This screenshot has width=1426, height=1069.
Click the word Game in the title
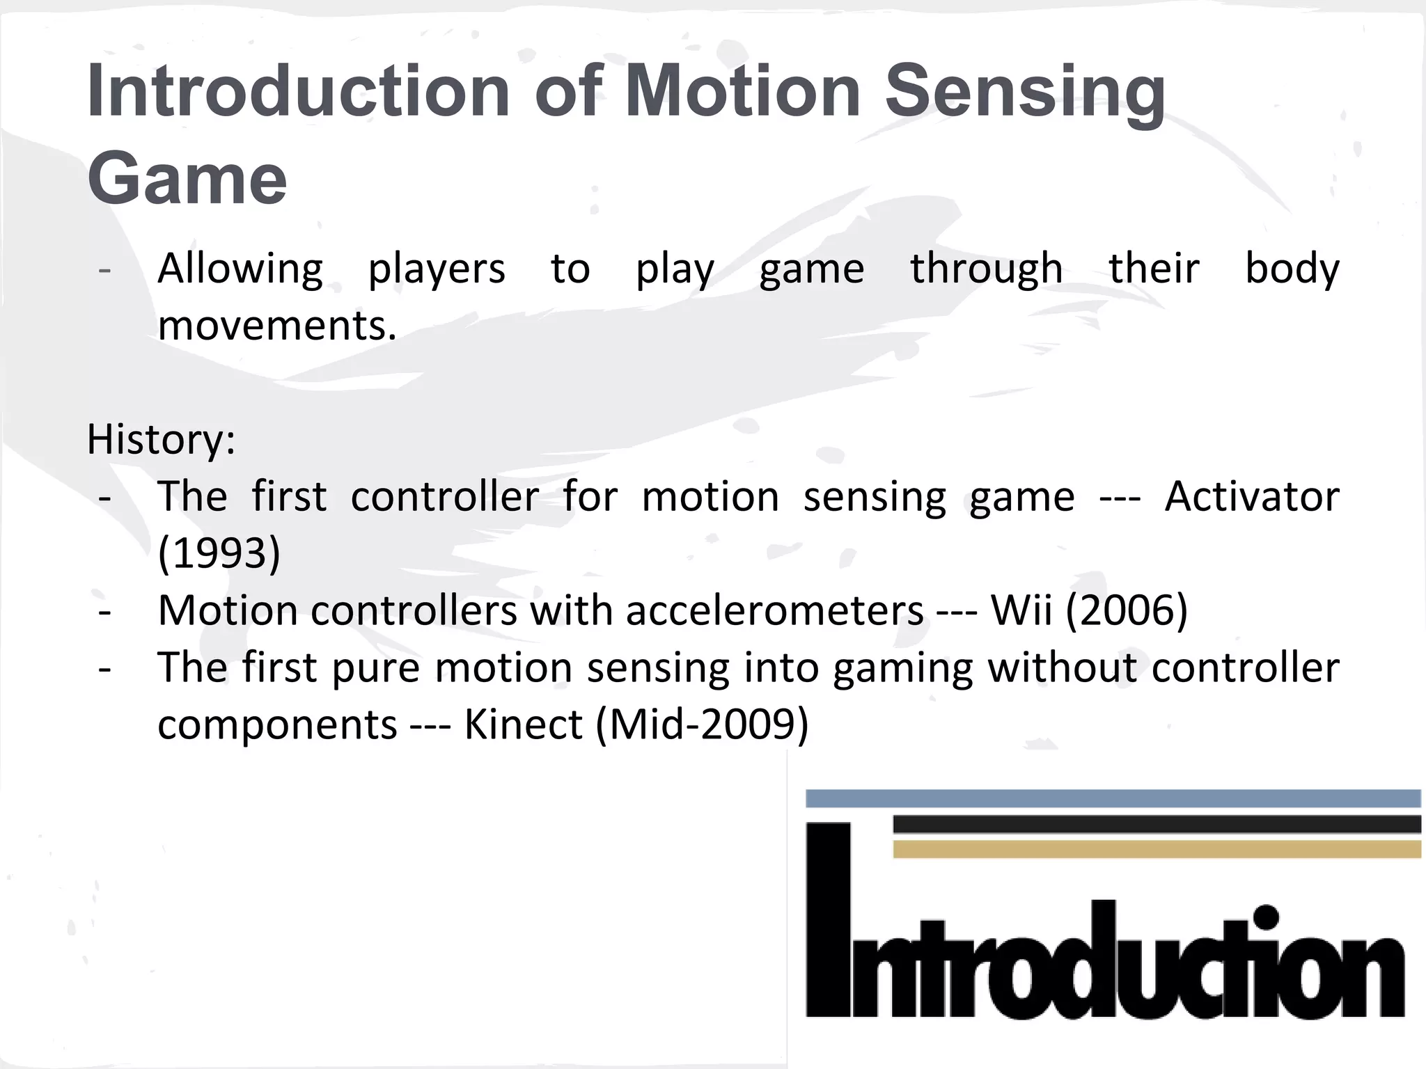click(187, 179)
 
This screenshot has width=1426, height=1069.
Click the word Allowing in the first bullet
click(240, 269)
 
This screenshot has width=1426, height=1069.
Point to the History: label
click(161, 440)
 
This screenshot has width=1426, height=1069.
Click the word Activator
click(1252, 497)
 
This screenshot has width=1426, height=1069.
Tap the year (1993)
click(219, 553)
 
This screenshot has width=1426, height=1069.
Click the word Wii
click(1021, 610)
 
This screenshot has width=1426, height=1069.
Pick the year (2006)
click(1127, 610)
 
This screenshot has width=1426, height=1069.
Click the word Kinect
click(523, 724)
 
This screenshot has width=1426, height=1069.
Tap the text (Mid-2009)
click(702, 724)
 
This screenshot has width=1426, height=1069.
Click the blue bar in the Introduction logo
click(1113, 798)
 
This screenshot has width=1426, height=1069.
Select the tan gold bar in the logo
click(1156, 849)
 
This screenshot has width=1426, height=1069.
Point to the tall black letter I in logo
click(829, 919)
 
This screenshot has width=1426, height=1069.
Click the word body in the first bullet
click(1292, 269)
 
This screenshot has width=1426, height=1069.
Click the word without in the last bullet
click(1063, 667)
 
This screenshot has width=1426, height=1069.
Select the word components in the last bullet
click(277, 724)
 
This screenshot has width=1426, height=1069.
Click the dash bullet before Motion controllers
click(105, 612)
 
